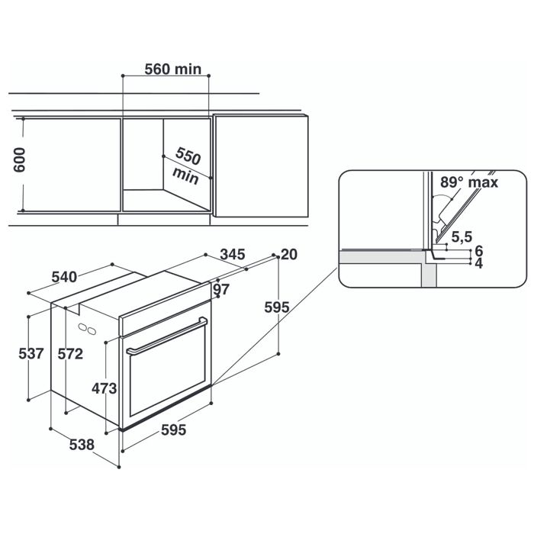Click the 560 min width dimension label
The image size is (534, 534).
click(173, 69)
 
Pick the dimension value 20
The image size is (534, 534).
click(288, 254)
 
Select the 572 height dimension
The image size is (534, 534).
click(71, 354)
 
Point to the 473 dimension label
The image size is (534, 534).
click(104, 388)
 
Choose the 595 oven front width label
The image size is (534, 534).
click(173, 430)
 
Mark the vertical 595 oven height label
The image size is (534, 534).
click(277, 307)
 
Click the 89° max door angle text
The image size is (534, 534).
click(468, 183)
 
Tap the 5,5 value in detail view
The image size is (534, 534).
click(460, 237)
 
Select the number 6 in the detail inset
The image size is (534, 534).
click(478, 251)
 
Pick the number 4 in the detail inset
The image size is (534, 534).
click(478, 263)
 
